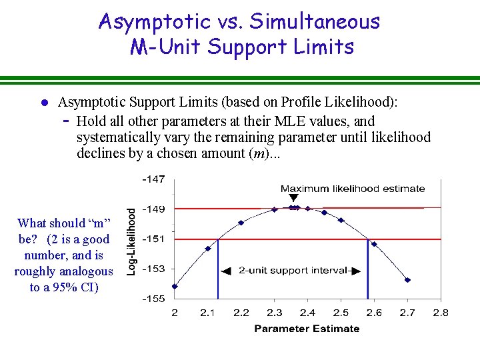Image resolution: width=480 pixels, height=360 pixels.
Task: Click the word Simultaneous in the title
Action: [x=315, y=21]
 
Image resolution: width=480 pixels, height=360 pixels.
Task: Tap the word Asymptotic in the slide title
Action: [x=153, y=21]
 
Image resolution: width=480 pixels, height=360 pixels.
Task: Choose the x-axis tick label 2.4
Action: [x=307, y=313]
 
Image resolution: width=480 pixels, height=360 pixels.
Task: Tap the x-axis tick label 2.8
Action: [x=441, y=313]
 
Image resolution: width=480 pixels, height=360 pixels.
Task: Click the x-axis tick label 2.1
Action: [x=207, y=313]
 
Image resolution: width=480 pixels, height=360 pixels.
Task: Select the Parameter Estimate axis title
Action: [x=307, y=328]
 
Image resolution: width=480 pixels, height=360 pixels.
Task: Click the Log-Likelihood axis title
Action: [x=132, y=240]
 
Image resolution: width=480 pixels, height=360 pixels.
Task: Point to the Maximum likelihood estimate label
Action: [x=353, y=189]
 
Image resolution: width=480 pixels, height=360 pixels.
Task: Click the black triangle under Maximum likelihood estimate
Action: [x=295, y=199]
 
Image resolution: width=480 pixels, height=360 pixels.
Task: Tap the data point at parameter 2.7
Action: [x=407, y=280]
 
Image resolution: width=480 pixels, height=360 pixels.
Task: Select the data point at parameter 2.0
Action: [x=175, y=287]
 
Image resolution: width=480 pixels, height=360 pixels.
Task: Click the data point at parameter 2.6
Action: [x=374, y=244]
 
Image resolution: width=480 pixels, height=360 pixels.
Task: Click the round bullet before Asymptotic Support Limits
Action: [x=41, y=103]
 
